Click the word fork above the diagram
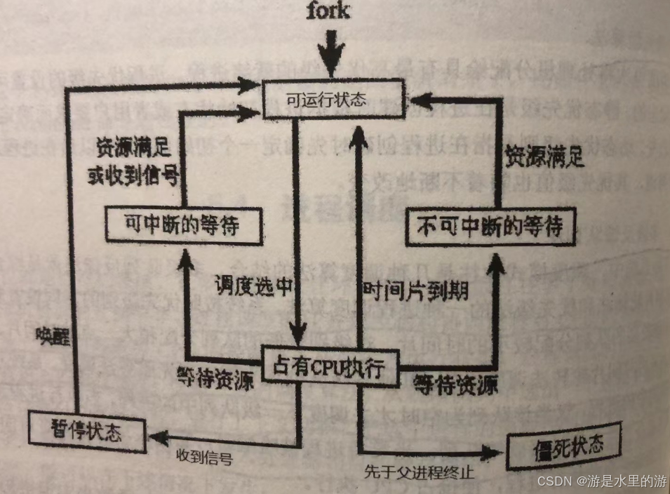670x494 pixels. [x=328, y=11]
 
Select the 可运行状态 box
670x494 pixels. [x=334, y=99]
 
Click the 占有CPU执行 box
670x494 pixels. [x=329, y=367]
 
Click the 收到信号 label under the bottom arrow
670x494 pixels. [x=203, y=457]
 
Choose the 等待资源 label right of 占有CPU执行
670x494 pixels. [x=455, y=383]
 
